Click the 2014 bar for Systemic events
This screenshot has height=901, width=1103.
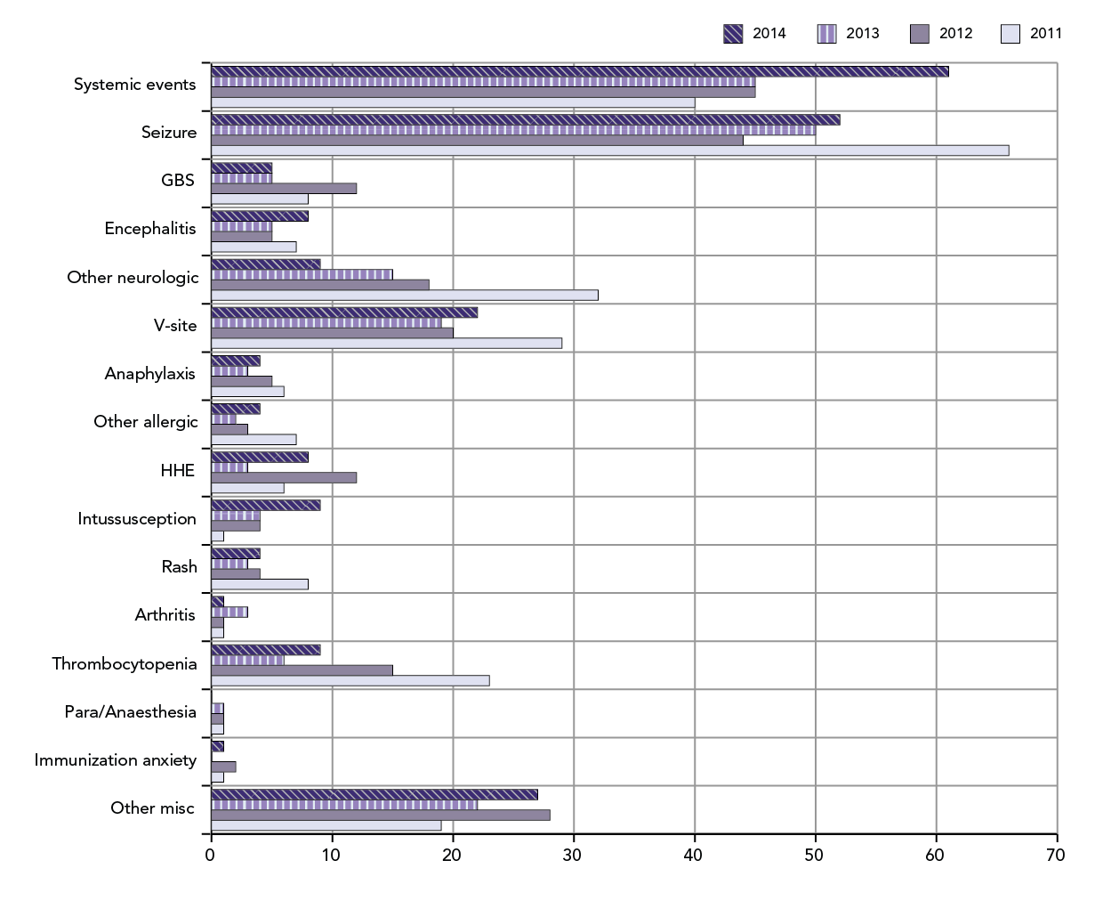pos(578,71)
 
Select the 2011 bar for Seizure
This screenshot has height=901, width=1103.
pos(609,150)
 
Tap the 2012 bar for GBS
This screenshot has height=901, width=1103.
pos(283,188)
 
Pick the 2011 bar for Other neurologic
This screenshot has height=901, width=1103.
pos(404,295)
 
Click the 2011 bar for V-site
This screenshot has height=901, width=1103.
pos(386,343)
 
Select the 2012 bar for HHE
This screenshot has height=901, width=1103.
pos(283,477)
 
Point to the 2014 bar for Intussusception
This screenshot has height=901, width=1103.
pos(265,505)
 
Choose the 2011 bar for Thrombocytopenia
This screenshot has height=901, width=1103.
pos(350,681)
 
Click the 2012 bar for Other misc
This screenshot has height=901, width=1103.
pos(380,815)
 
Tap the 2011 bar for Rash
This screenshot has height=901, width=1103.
pos(259,584)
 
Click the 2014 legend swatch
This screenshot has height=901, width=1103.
pos(733,34)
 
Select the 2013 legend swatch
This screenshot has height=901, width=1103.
pos(826,34)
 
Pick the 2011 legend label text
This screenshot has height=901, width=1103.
pos(1045,34)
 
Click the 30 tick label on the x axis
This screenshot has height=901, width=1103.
pos(573,856)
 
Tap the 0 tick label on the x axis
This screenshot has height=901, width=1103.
pos(211,856)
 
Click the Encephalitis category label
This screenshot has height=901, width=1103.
pos(149,229)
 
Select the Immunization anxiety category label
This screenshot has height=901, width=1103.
pos(115,759)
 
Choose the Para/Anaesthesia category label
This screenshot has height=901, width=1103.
pos(130,711)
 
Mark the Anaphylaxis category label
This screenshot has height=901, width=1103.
pos(149,373)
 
